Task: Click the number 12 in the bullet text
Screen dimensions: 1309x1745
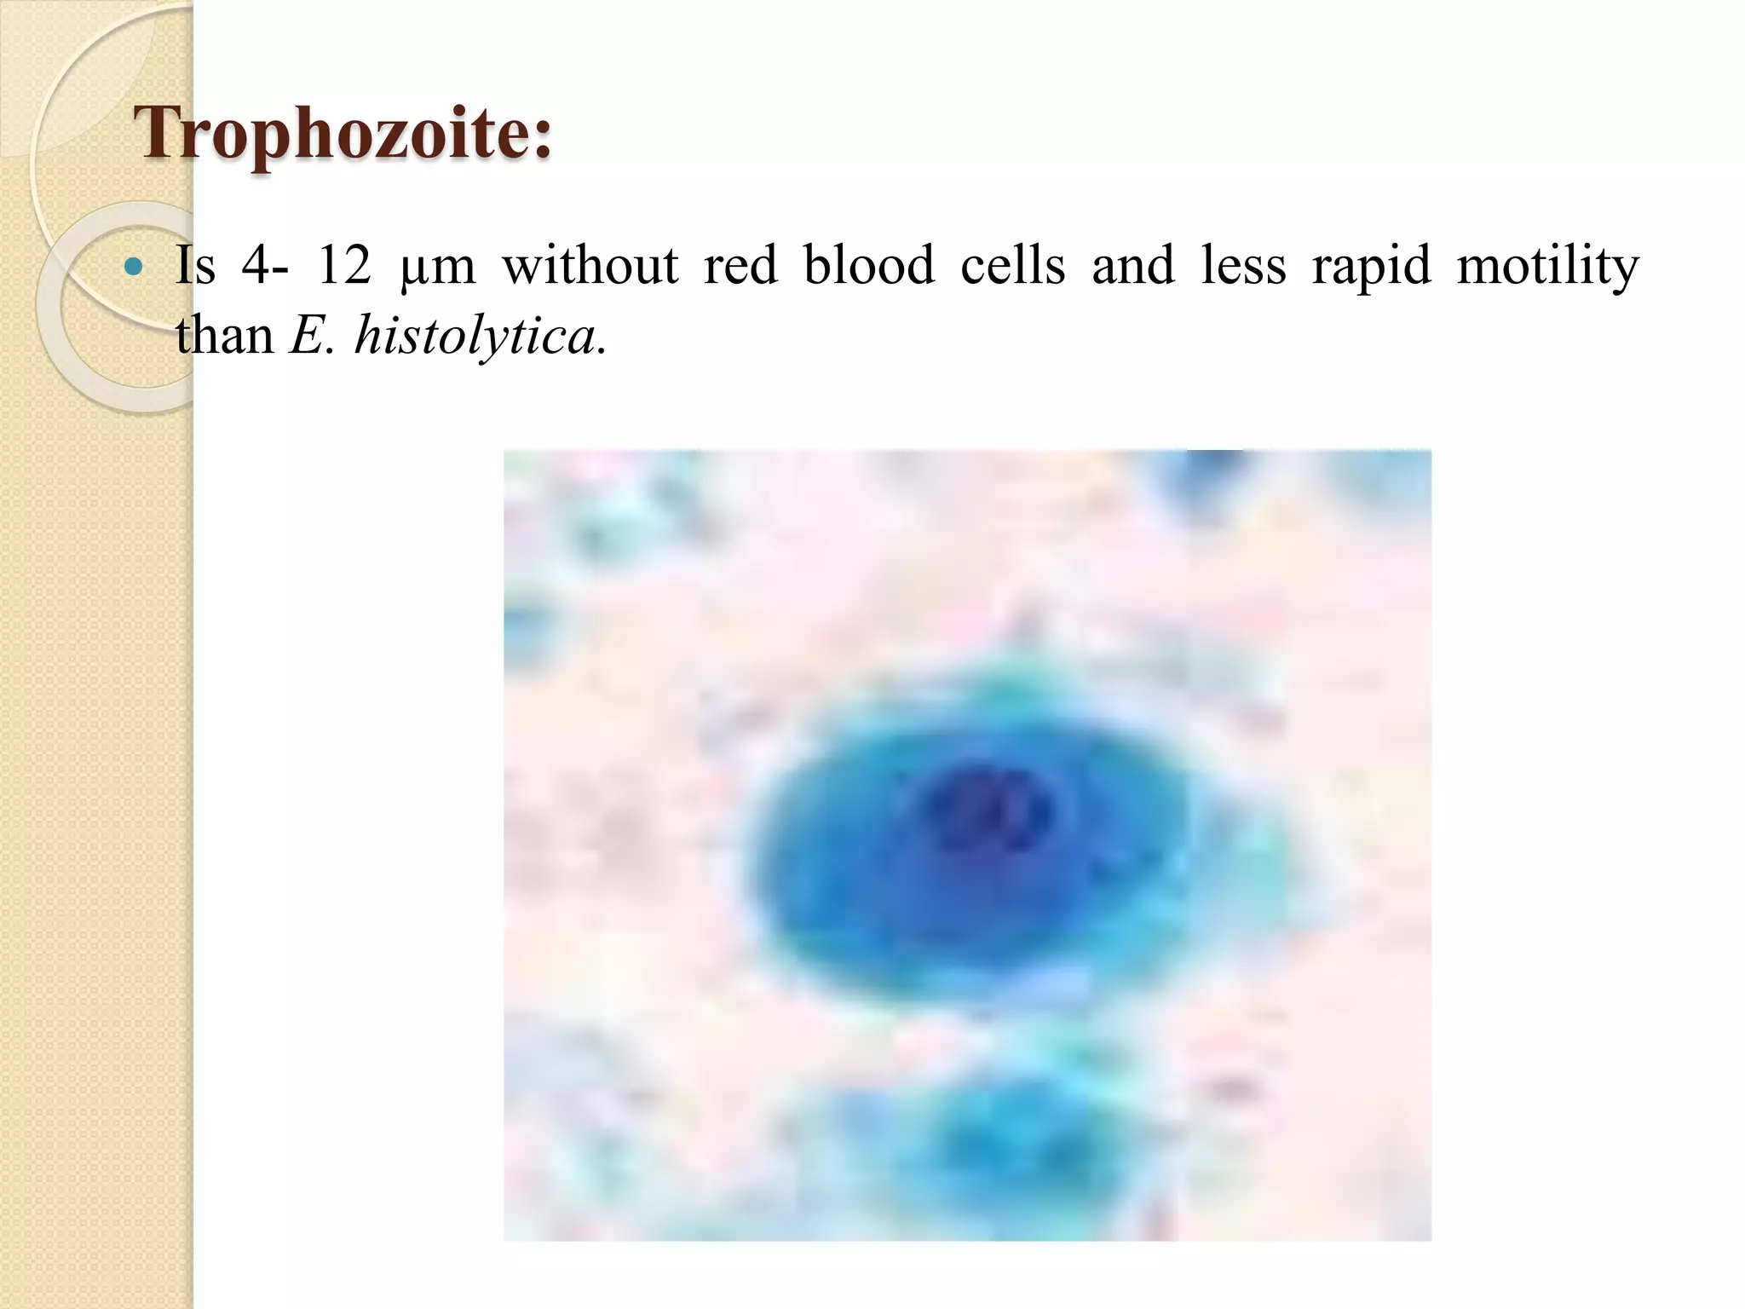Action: [343, 265]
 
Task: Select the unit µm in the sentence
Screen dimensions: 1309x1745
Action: [437, 267]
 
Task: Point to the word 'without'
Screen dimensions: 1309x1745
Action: [590, 265]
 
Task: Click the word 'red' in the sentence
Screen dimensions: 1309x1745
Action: [740, 265]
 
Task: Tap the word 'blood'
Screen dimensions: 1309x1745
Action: [869, 265]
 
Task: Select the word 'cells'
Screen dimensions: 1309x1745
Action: [1012, 265]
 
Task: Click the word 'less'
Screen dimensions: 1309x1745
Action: [1242, 265]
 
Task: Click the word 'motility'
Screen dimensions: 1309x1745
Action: [1547, 267]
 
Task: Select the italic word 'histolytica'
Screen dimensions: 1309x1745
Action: [475, 337]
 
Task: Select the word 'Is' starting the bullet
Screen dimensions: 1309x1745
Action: [195, 265]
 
